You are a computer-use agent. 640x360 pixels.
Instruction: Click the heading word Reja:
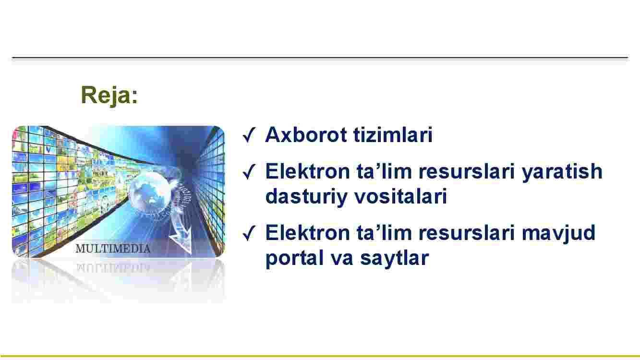coord(109,96)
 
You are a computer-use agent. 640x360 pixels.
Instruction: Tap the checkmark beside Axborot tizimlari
coord(249,135)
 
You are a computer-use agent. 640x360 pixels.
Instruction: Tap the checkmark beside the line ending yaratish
coord(249,171)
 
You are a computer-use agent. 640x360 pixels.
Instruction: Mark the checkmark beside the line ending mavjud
coord(249,233)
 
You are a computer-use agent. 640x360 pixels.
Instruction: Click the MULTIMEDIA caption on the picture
coord(113,249)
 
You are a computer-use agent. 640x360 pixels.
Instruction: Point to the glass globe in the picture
coord(148,193)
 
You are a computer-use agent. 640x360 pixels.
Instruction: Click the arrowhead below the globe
coord(181,240)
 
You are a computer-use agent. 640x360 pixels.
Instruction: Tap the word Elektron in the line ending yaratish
coord(307,171)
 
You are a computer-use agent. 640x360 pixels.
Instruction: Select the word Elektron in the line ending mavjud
coord(307,233)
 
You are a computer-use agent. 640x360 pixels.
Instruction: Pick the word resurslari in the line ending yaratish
coord(467,171)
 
